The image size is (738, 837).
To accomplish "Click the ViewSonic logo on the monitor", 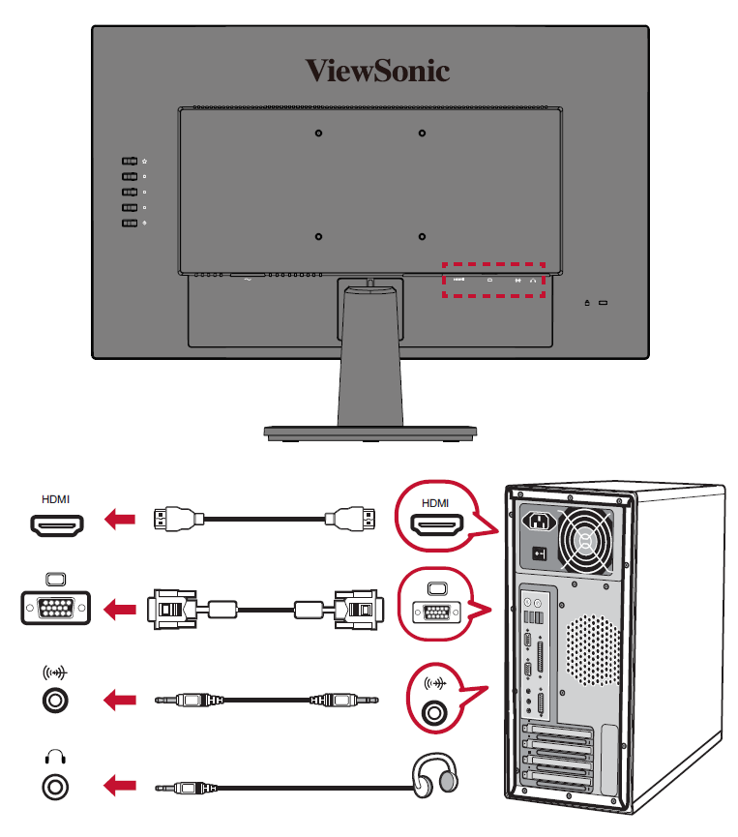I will pos(377,71).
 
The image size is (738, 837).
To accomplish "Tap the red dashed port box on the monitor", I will pos(494,279).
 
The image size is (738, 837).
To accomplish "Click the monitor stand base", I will pos(370,432).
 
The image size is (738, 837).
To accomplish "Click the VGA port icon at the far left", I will pos(56,609).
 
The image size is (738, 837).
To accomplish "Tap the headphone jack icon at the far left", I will pos(56,786).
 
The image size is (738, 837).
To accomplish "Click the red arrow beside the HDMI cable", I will pos(120,522).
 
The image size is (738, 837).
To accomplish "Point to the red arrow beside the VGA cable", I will pos(120,610).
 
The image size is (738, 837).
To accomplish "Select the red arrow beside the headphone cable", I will pos(120,787).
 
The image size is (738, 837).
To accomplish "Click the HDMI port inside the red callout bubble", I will pos(436,524).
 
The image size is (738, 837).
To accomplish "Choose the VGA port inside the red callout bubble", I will pos(436,612).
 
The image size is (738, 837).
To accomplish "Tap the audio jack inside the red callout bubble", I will pos(437,711).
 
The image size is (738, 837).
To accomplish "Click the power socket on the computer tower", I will pos(539,522).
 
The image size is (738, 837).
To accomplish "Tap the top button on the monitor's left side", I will pos(130,162).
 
